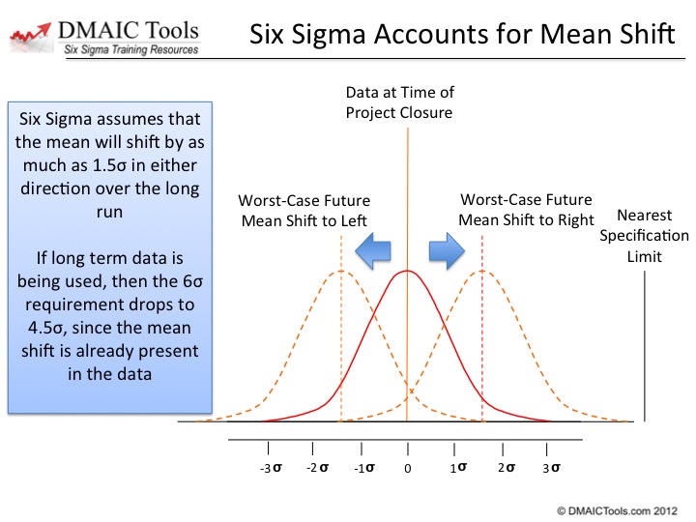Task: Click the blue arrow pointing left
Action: point(373,250)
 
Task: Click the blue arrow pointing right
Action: point(447,250)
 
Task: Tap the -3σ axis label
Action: point(271,468)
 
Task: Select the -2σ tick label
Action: point(317,468)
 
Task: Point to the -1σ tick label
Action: point(364,468)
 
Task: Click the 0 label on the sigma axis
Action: point(408,468)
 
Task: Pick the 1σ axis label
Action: point(458,468)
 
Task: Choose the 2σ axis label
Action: point(507,468)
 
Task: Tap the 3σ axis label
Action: point(551,468)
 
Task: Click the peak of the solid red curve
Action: point(407,271)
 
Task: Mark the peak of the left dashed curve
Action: point(341,271)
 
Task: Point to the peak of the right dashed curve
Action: point(482,271)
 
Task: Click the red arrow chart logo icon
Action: point(30,38)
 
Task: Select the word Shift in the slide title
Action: point(647,34)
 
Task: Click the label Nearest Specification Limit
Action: point(644,236)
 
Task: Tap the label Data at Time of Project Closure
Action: point(399,102)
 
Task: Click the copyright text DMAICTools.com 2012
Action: point(618,511)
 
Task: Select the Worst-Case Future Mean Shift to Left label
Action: point(304,211)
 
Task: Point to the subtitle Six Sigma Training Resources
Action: point(130,49)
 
